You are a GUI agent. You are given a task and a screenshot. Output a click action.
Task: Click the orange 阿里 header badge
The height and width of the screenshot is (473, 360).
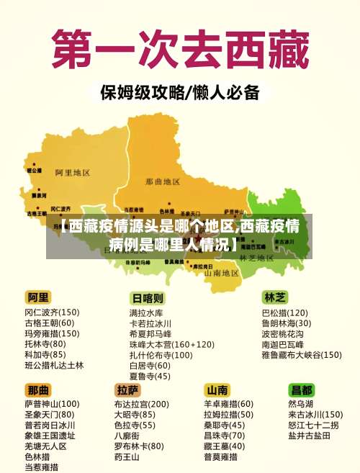pos(38,297)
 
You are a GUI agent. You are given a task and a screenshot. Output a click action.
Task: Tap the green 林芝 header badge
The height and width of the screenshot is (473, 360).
pos(276,297)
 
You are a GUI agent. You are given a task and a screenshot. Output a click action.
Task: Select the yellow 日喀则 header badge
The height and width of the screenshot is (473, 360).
pos(147,297)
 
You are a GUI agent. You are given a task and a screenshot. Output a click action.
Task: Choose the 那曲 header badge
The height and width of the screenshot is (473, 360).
pos(38,389)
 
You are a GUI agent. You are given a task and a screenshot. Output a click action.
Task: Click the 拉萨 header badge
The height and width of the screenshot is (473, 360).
pos(127,389)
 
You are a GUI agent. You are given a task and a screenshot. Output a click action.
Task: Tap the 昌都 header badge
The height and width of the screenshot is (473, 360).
pos(302,389)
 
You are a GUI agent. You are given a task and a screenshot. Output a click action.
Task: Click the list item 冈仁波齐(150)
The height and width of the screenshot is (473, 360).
pos(52,312)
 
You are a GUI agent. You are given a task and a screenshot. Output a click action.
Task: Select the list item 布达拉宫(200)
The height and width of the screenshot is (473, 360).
pos(141,405)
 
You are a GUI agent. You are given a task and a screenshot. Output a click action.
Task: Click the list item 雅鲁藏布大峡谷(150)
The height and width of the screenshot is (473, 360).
pos(301,355)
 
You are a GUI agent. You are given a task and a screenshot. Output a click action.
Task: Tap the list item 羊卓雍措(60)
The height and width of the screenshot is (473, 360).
pos(228,405)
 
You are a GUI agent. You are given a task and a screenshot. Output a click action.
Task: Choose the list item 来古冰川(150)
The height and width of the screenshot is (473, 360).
pos(315,415)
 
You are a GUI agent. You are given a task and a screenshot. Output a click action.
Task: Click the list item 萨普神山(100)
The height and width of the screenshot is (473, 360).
pos(52,405)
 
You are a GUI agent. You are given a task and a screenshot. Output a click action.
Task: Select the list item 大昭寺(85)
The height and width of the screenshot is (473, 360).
pos(134,415)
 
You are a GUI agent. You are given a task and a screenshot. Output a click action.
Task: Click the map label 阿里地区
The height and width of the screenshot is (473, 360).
pos(72,173)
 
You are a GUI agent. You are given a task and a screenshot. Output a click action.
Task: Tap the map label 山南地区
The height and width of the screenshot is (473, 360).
pos(221,274)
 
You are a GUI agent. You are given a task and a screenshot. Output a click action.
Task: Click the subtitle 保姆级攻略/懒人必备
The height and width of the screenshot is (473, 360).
pos(179,93)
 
